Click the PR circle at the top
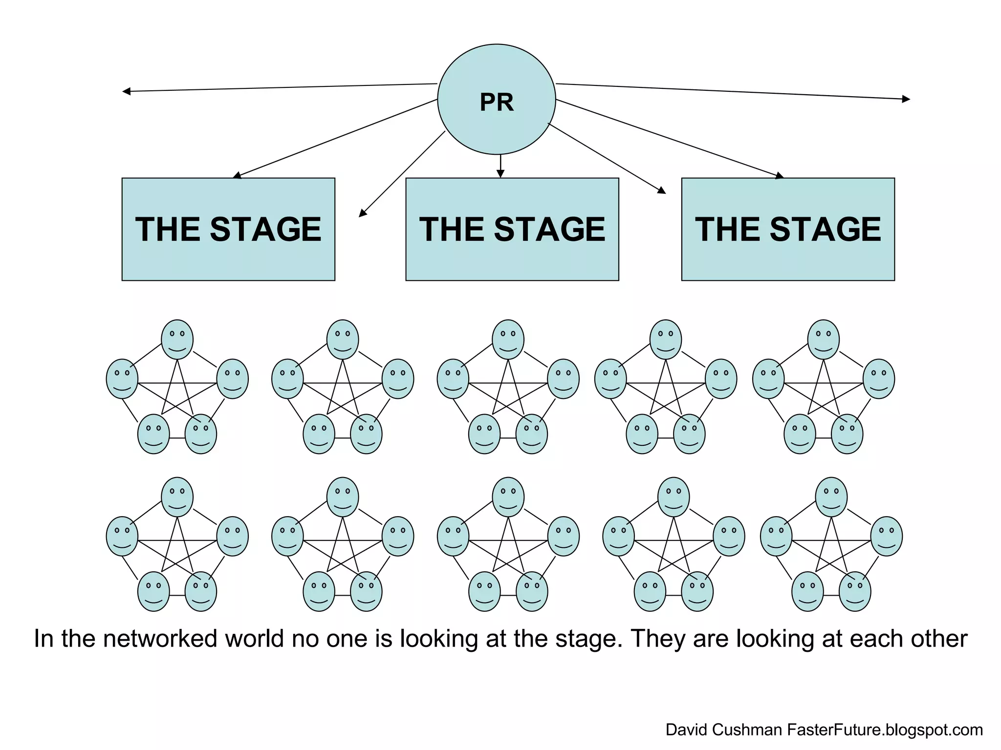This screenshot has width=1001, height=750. [496, 100]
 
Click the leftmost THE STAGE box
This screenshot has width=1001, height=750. [228, 229]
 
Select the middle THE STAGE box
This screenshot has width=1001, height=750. [512, 229]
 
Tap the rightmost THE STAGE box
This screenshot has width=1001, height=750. [787, 229]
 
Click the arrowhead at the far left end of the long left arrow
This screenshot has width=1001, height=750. [126, 91]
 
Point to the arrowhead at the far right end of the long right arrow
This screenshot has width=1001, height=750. [906, 99]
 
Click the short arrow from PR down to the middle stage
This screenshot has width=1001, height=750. [500, 167]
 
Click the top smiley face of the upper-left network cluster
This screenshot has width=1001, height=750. [177, 339]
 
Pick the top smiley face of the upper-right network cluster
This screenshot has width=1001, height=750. [823, 339]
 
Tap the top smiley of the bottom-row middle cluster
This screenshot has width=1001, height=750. [508, 497]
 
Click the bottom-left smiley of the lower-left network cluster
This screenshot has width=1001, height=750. [153, 591]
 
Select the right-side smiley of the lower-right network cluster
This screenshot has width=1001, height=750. [886, 536]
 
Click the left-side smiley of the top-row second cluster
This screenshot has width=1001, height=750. [287, 379]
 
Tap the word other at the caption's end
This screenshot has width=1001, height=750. [937, 639]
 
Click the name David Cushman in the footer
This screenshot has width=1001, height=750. [723, 730]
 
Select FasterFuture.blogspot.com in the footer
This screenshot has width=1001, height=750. [885, 730]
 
